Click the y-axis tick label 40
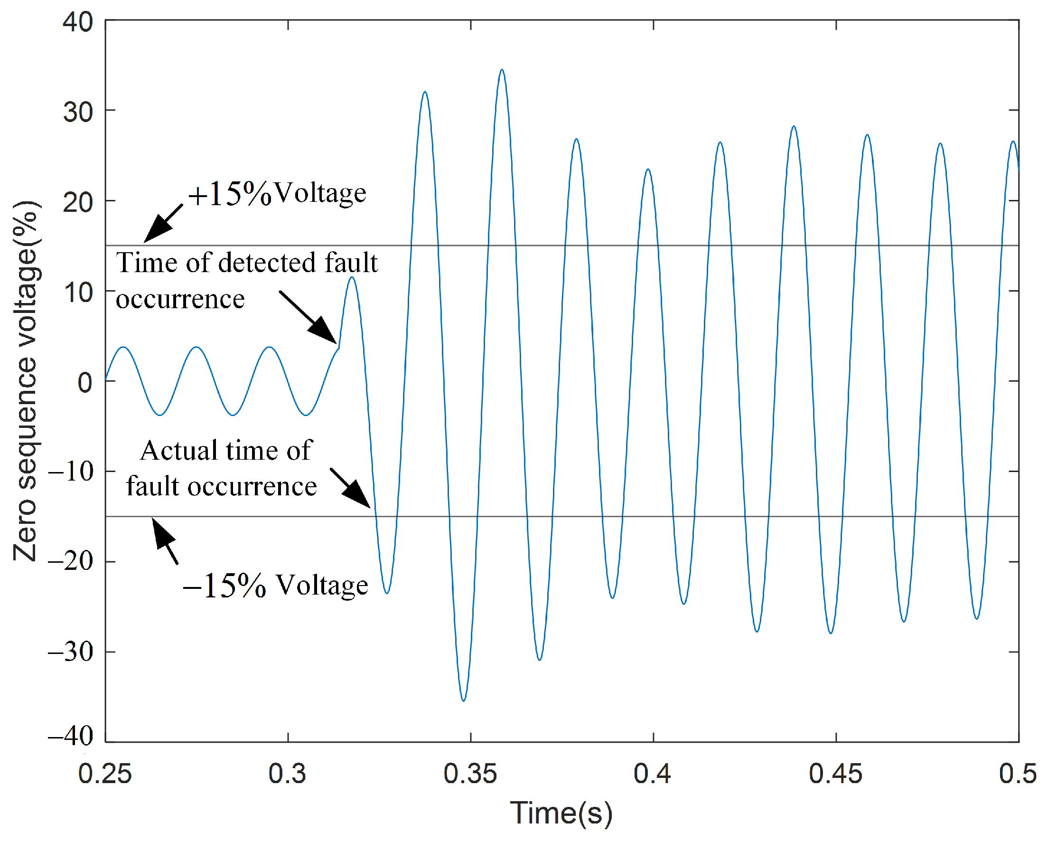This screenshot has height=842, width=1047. [x=78, y=22]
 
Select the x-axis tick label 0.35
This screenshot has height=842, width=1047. [x=470, y=774]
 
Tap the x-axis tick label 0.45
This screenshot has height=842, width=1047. [x=835, y=774]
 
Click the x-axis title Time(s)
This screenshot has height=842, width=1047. [x=561, y=814]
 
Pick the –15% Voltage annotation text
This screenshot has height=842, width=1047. [x=275, y=586]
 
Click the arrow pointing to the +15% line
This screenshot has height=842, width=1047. [x=163, y=223]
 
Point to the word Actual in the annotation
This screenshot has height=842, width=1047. [x=179, y=451]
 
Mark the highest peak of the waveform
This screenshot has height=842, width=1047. [x=502, y=70]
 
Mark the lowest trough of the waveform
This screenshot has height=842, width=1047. [x=463, y=700]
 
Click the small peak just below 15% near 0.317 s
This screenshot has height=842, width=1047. [x=352, y=277]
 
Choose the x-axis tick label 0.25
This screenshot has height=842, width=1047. [x=105, y=774]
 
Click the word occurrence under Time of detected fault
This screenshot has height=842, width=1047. [x=180, y=299]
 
